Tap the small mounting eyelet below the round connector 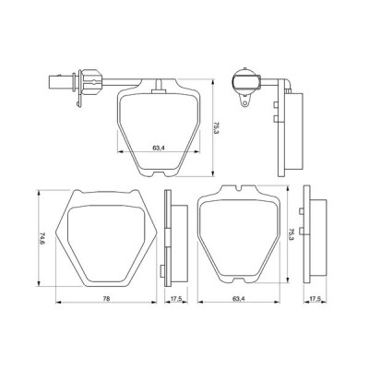[x=244, y=103]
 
